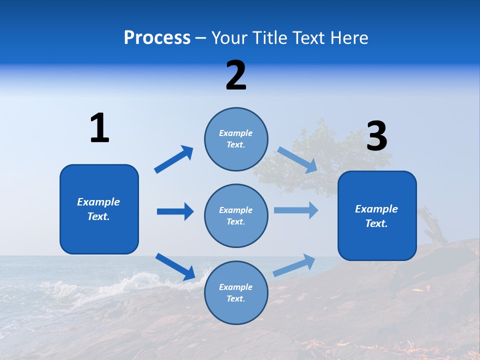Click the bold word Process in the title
(157, 37)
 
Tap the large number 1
(99, 128)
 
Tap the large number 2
(236, 75)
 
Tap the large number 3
(376, 136)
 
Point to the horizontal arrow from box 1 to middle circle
(175, 211)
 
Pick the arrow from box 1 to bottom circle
(175, 266)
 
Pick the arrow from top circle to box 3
(297, 160)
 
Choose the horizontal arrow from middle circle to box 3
(296, 210)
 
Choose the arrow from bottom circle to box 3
(294, 265)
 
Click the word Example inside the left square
(98, 202)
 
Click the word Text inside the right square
(376, 223)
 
